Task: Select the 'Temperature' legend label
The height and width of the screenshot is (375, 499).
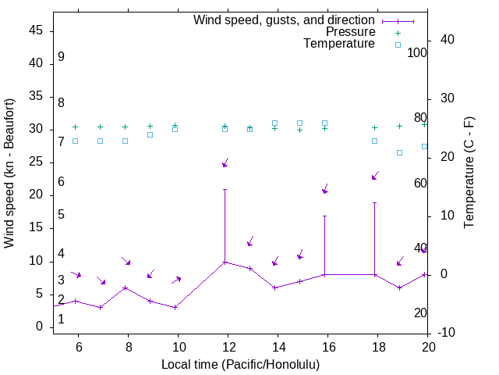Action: tap(339, 44)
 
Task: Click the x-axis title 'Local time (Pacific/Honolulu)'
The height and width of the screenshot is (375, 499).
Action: tap(240, 364)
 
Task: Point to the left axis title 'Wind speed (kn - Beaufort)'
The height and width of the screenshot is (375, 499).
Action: tap(9, 173)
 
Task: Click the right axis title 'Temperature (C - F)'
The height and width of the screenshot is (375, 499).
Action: tap(469, 173)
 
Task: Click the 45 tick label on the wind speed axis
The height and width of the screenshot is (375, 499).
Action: tap(35, 30)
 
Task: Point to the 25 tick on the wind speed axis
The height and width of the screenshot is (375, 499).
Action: tap(35, 162)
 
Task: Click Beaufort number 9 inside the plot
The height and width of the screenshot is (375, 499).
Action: tap(61, 57)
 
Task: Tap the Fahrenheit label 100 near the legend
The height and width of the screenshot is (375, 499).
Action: tap(417, 53)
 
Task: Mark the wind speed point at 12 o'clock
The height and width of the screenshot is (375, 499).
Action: tap(225, 262)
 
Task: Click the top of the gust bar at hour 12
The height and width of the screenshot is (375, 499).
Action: tap(225, 189)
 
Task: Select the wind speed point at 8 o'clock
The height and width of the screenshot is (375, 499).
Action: tap(125, 287)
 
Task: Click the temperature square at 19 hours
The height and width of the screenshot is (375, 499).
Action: tap(399, 152)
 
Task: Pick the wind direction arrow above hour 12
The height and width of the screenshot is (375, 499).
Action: tap(225, 162)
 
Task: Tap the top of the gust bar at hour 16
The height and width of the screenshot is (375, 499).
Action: tap(324, 216)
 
